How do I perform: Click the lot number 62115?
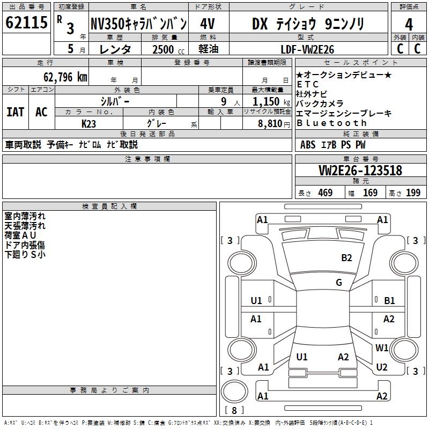click(26, 23)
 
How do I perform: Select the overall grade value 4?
click(409, 25)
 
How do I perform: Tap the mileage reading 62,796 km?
click(65, 77)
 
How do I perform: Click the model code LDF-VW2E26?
click(307, 49)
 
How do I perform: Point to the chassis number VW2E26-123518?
click(360, 171)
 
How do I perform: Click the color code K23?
click(88, 124)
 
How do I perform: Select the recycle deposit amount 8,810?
click(270, 123)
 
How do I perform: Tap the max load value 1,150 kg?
click(271, 101)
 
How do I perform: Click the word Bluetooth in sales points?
click(331, 123)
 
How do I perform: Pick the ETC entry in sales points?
click(307, 84)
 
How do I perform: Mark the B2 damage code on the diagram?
click(346, 258)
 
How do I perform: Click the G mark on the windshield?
click(339, 283)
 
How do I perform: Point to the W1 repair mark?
click(382, 347)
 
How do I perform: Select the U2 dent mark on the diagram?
click(382, 367)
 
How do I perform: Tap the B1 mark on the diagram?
click(389, 301)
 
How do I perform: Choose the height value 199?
click(413, 193)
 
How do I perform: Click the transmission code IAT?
click(16, 112)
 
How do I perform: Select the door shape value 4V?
click(208, 24)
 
